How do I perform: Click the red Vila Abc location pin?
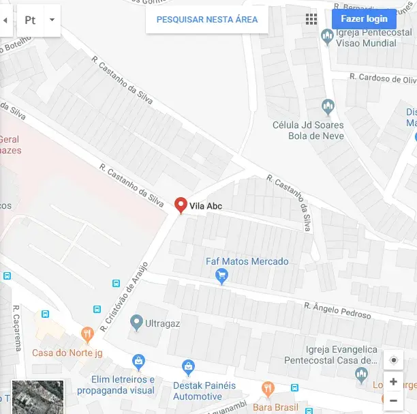tap(181, 205)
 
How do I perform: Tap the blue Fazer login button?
tap(364, 19)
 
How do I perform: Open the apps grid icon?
tap(311, 19)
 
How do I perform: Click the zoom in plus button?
tap(393, 382)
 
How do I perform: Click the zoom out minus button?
tap(393, 400)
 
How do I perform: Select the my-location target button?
tap(393, 361)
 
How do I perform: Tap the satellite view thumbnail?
tap(38, 397)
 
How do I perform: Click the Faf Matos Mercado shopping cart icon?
tap(221, 276)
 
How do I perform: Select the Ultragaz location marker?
tap(136, 321)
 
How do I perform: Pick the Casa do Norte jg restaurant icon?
tap(87, 334)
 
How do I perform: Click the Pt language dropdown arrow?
tap(52, 20)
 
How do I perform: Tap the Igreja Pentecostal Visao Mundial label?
tap(366, 38)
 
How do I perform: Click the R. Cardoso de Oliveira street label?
tap(382, 78)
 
